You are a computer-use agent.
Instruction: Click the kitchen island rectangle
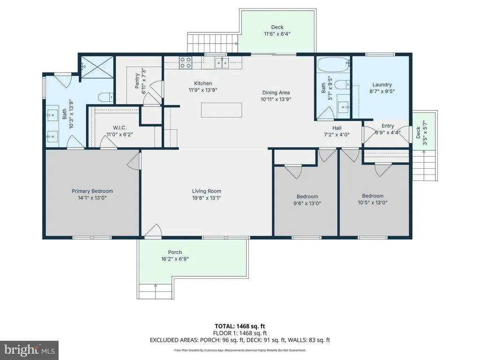221,110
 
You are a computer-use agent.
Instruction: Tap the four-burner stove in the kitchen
186,62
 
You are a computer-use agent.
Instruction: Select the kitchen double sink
222,63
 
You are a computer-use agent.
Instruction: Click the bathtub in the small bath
333,65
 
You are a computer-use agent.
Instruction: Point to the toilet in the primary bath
105,97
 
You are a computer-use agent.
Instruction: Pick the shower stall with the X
97,67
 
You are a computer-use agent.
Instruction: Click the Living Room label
207,191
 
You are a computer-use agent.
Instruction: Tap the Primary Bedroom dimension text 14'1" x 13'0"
92,198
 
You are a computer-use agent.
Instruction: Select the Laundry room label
382,84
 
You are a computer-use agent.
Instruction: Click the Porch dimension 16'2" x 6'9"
175,259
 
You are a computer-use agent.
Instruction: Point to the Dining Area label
276,92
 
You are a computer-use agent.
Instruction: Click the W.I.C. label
120,127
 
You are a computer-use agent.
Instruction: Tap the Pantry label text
137,81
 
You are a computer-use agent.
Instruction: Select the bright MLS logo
30,350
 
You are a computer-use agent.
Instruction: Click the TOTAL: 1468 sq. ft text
240,326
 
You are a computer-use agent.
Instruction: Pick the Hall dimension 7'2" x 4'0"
337,135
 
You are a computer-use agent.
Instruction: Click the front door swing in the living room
153,231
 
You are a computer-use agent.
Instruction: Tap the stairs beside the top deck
213,43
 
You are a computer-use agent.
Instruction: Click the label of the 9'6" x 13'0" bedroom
307,196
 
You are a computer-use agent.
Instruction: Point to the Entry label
388,126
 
